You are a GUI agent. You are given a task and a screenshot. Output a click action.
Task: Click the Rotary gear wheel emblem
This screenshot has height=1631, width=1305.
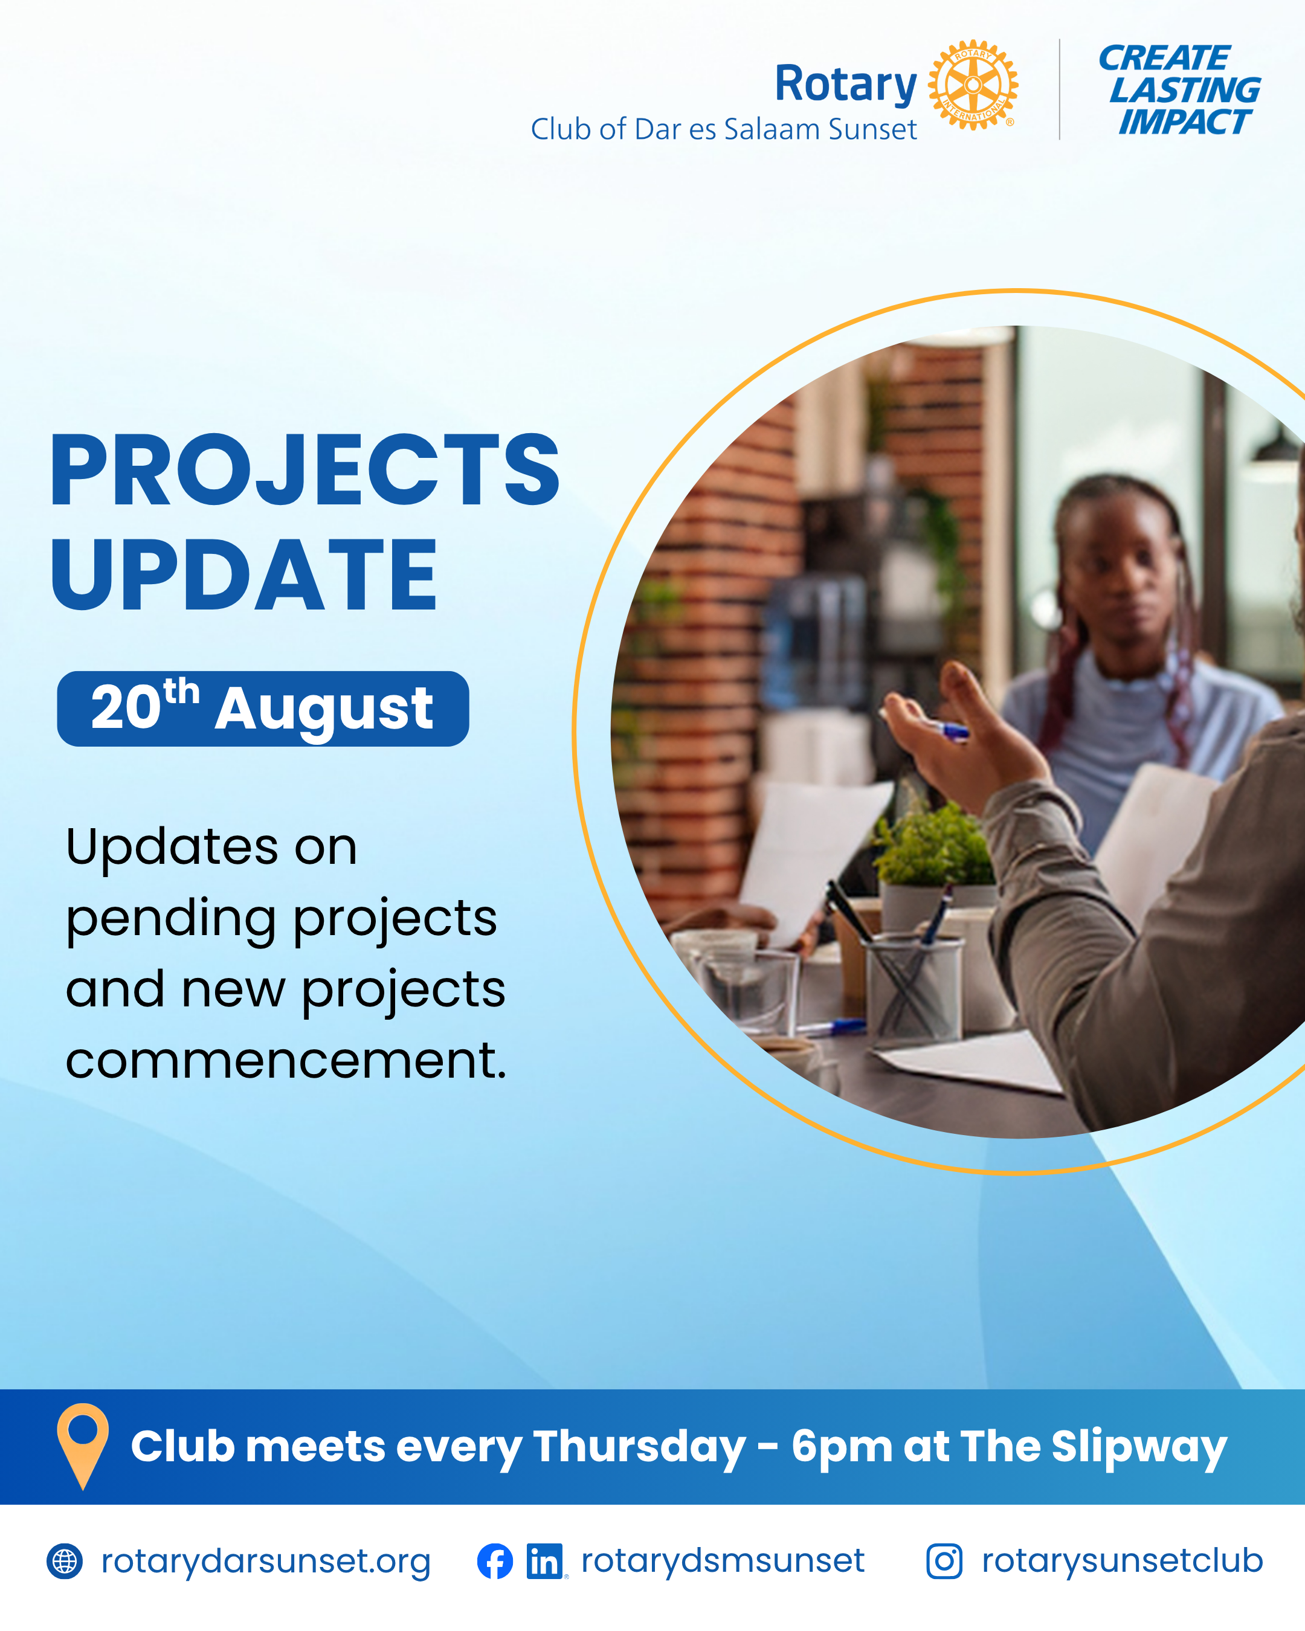pos(973,85)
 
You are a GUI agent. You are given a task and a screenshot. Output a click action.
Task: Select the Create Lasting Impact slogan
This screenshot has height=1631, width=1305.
pos(1179,90)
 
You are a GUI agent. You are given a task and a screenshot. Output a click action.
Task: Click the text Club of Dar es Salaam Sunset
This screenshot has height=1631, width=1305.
pos(723,129)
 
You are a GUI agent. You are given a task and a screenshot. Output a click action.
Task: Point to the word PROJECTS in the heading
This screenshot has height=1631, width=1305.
pos(304,471)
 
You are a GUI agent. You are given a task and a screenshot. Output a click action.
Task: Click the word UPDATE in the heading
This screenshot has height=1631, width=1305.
pos(243,574)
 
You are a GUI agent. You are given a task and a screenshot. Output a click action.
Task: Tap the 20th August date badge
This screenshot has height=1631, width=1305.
pos(263,708)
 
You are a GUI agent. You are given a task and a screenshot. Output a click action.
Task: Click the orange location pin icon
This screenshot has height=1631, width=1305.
pos(82,1446)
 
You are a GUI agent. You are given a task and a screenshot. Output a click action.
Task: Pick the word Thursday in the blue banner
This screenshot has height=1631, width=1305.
pos(639,1447)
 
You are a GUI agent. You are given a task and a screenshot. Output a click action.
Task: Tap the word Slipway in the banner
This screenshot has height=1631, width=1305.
pos(1139,1447)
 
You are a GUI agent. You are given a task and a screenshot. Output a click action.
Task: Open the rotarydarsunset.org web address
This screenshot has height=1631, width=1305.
pos(266,1562)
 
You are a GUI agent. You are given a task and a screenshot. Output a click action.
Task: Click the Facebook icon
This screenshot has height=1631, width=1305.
pos(495,1561)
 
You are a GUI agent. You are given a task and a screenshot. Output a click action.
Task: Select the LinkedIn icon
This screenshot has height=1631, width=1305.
pos(545,1562)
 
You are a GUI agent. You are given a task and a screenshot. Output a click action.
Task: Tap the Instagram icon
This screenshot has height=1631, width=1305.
pos(944,1561)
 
